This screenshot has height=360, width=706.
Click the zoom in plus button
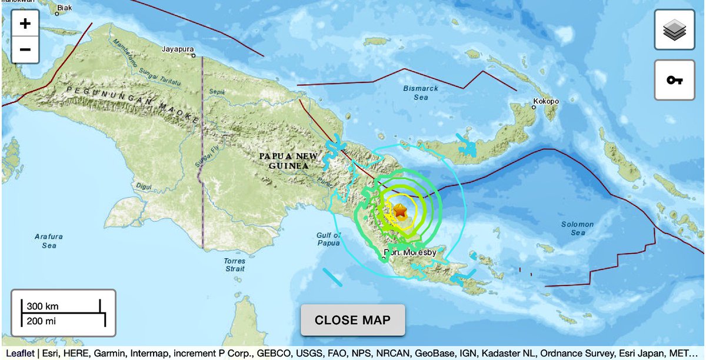[x=25, y=24]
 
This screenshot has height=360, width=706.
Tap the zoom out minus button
[x=25, y=49]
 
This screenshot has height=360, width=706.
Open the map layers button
[x=674, y=30]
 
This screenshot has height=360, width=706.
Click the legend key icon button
[x=674, y=80]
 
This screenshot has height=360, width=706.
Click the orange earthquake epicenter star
[x=399, y=210]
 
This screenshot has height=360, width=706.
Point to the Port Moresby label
[x=410, y=252]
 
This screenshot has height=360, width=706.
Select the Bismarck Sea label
[x=420, y=93]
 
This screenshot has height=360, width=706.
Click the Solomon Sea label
[x=578, y=228]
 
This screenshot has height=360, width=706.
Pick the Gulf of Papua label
[x=328, y=238]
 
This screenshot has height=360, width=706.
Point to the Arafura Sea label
[x=48, y=241]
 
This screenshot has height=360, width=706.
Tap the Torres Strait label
[x=234, y=264]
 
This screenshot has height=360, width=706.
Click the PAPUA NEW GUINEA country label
[x=288, y=161]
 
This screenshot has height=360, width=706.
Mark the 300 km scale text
[x=42, y=306]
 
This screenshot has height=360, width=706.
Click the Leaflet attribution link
[x=19, y=353]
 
